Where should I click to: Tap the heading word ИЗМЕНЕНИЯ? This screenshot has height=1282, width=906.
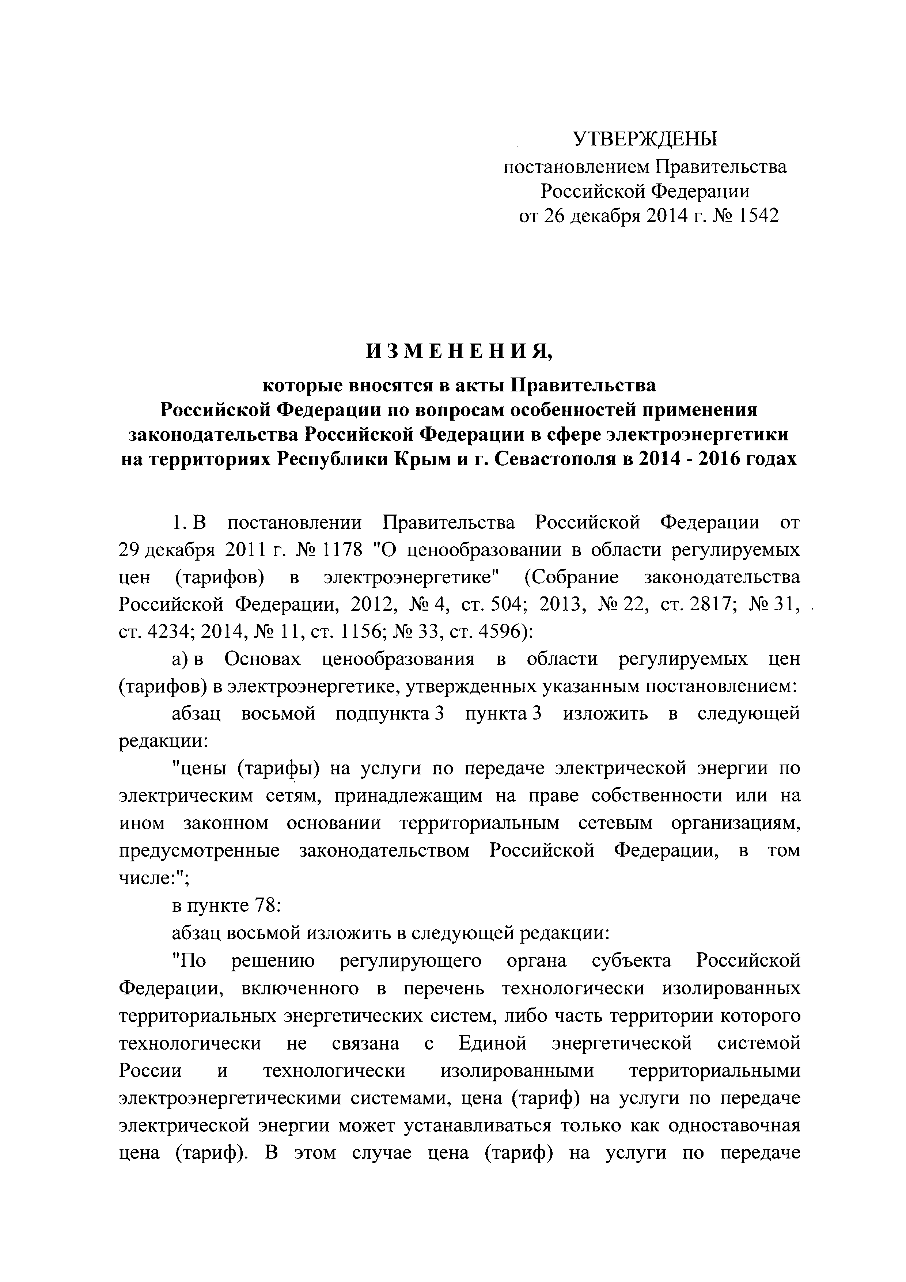coord(458,351)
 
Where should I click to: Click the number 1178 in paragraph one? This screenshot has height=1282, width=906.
coord(339,550)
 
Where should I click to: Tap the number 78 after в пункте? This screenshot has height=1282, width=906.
coord(266,905)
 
